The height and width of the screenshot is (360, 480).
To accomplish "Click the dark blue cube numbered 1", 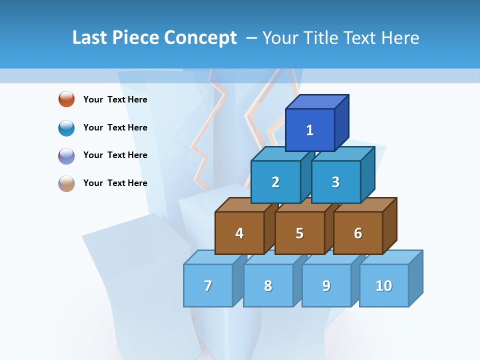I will [x=310, y=130].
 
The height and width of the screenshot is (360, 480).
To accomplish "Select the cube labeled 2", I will [x=275, y=182].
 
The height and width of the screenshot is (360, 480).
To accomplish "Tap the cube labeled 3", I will [x=335, y=182].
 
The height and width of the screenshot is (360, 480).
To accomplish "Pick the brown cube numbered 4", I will [x=239, y=233].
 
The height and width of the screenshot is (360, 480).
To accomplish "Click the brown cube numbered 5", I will [x=299, y=233].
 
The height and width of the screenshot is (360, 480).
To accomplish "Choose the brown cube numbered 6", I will [x=358, y=233].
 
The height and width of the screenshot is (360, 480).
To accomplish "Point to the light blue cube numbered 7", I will [x=208, y=285].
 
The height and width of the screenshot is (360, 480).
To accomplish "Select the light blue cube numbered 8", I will [x=268, y=285].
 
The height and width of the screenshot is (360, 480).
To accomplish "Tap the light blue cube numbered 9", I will [x=326, y=285].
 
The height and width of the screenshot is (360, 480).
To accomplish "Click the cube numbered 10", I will [x=384, y=285].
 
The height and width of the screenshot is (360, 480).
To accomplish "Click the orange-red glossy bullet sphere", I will [x=66, y=99].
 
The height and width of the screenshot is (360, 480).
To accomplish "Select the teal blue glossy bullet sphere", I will [x=66, y=127].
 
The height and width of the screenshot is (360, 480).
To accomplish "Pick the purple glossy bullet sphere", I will [x=66, y=155].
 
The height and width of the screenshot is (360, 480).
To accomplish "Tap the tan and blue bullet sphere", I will [x=66, y=183].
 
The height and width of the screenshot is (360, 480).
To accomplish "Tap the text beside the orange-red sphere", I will [x=115, y=99].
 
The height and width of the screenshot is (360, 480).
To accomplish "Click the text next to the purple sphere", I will [x=115, y=155].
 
